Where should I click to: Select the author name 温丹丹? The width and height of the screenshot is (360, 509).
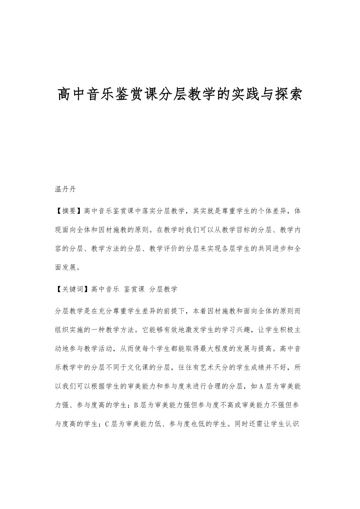tap(65, 190)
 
